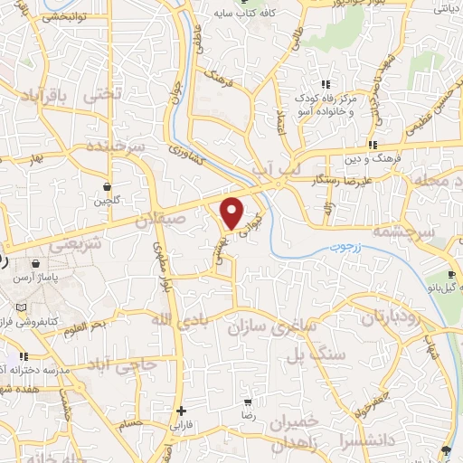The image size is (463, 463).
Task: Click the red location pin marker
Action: point(233,211)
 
